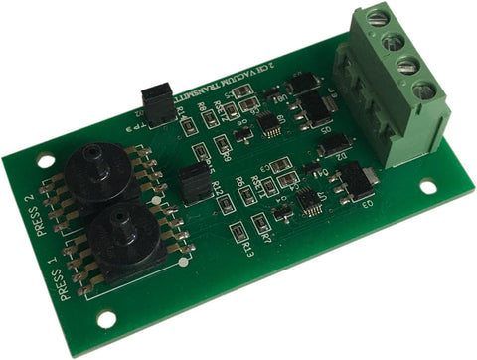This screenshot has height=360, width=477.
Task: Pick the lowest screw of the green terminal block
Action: pyautogui.click(x=424, y=91)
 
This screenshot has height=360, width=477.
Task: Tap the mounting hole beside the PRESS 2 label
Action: pyautogui.click(x=43, y=159)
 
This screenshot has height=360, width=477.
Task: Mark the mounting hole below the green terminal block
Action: pyautogui.click(x=427, y=186)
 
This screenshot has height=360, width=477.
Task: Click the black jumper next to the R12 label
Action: pyautogui.click(x=192, y=181)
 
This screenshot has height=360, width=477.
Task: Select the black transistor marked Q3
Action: pyautogui.click(x=354, y=181)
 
